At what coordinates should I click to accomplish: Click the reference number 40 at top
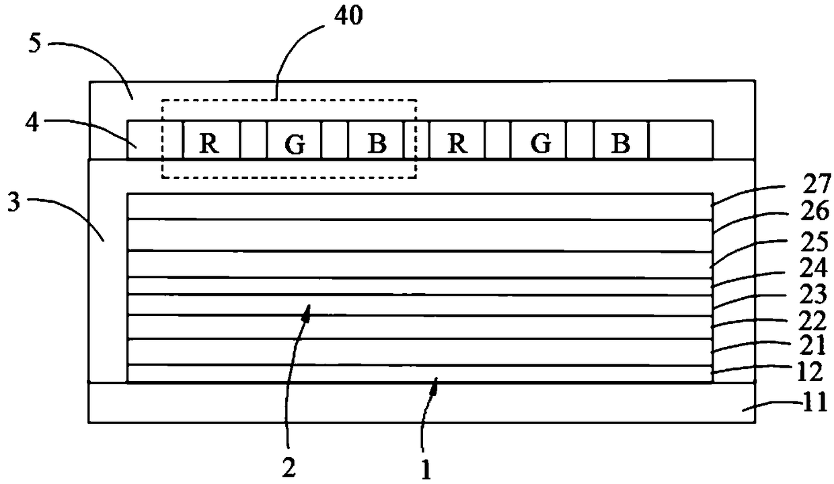click(348, 15)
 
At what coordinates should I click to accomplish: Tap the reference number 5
click(34, 44)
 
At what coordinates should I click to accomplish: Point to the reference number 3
click(13, 202)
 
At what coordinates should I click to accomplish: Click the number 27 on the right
click(817, 184)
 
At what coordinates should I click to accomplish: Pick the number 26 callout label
click(814, 210)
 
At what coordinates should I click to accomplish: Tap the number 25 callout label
click(814, 241)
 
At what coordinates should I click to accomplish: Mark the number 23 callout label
click(813, 294)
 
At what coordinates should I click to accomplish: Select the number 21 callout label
click(812, 345)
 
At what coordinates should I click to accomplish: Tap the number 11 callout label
click(814, 402)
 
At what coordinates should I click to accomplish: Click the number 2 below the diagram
click(289, 468)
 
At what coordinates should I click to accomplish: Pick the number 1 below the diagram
click(426, 470)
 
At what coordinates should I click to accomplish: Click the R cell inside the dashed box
click(211, 140)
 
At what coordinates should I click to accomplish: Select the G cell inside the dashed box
click(294, 140)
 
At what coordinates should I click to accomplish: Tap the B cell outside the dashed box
click(621, 140)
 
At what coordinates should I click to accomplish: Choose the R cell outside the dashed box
click(457, 140)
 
